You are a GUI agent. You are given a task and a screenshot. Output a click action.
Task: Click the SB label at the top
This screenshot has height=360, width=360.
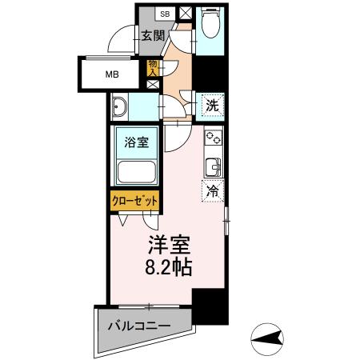[164, 14]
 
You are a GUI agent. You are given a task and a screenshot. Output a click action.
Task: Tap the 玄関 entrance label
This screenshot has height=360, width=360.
[153, 35]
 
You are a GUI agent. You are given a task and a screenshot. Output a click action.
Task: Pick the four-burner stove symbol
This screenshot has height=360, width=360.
[214, 139]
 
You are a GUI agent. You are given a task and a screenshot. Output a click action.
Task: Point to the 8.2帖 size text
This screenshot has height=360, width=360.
[167, 267]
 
